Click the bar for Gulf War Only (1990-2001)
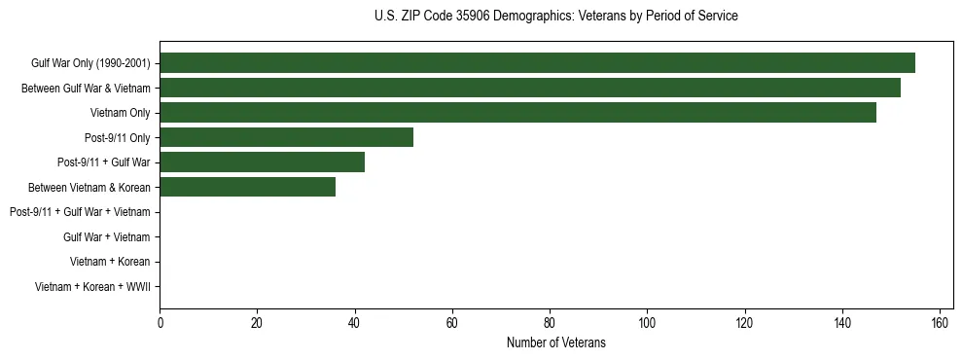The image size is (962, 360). (x=537, y=63)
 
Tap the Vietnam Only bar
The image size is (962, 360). (x=517, y=113)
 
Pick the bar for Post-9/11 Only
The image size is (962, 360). (x=286, y=137)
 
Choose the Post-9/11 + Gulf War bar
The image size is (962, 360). (x=262, y=162)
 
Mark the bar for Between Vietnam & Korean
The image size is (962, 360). (x=247, y=187)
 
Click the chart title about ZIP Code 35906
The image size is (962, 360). (x=555, y=17)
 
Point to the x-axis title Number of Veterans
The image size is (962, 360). (x=555, y=342)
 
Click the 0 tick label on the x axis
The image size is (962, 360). (x=160, y=323)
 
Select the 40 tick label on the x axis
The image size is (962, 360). (x=355, y=323)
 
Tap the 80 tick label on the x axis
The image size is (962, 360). (x=550, y=323)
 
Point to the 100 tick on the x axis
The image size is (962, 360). (x=647, y=323)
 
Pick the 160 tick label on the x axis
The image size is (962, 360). (x=940, y=323)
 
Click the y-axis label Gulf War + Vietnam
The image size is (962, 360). (x=106, y=236)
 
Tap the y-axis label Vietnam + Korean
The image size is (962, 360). (x=110, y=262)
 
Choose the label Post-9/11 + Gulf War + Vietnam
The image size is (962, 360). (x=80, y=212)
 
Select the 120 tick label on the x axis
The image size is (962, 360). (x=745, y=323)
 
